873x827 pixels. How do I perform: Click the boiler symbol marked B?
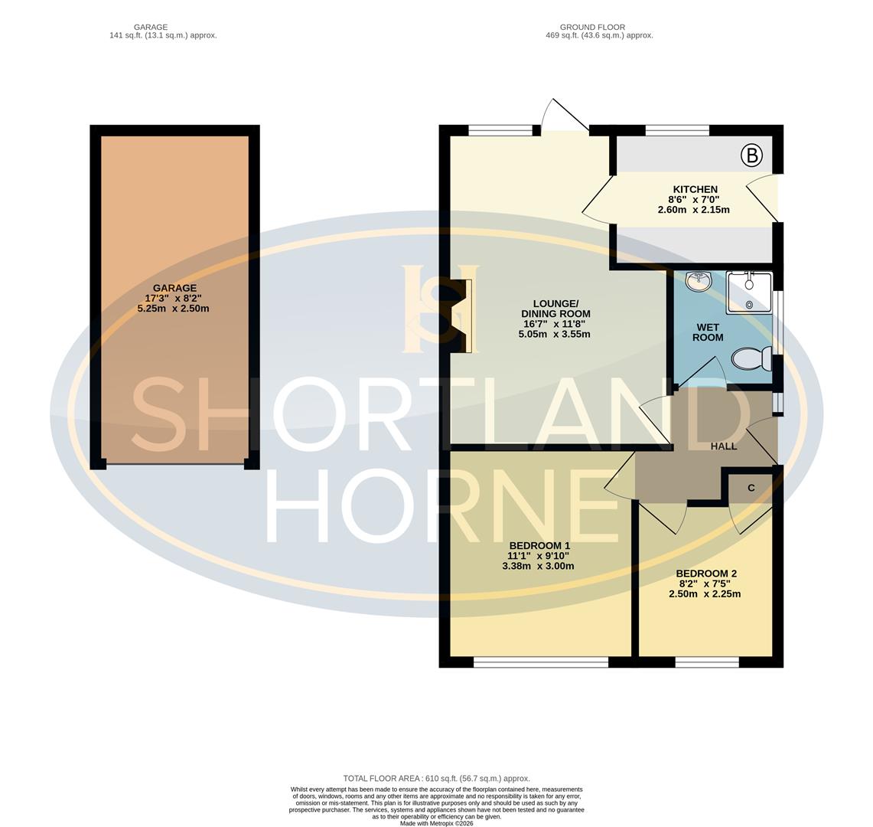click(x=751, y=156)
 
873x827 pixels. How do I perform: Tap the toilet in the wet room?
click(x=752, y=358)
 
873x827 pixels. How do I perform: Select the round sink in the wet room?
click(x=698, y=282)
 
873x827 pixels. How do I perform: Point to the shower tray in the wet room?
click(x=749, y=292)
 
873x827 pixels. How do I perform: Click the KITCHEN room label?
click(x=695, y=190)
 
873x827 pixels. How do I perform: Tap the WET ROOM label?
click(x=708, y=332)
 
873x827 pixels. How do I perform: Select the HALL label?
click(x=723, y=446)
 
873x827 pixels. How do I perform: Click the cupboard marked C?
click(x=751, y=488)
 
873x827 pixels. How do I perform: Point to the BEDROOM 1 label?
click(x=539, y=546)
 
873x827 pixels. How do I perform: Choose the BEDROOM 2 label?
click(x=705, y=574)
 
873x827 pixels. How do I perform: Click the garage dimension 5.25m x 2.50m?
click(x=173, y=309)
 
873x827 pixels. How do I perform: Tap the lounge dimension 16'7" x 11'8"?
click(x=555, y=324)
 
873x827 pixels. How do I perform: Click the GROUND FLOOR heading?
click(x=592, y=27)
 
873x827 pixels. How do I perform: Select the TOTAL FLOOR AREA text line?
click(x=436, y=778)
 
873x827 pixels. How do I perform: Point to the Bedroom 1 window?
click(x=540, y=662)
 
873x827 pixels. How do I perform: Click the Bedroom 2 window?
click(x=707, y=662)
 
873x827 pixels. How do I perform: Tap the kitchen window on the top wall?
click(x=677, y=130)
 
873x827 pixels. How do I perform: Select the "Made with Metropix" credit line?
click(x=436, y=823)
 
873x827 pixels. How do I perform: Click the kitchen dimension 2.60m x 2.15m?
click(x=693, y=210)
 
